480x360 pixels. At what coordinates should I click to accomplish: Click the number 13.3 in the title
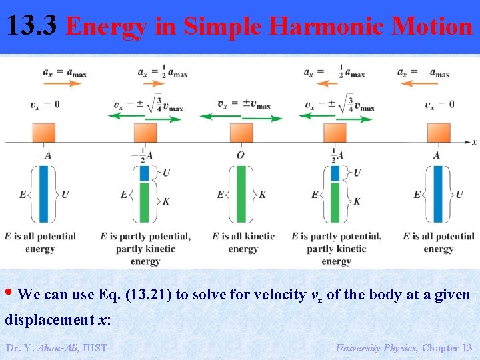(31, 27)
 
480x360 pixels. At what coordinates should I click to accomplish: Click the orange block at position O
(241, 133)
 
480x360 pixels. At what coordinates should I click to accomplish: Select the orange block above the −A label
(43, 133)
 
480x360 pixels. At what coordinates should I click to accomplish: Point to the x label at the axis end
(474, 142)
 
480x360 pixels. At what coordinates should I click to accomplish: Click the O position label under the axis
(241, 155)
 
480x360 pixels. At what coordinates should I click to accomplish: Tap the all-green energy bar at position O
(241, 194)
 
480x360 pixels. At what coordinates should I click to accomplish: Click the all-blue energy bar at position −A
(44, 194)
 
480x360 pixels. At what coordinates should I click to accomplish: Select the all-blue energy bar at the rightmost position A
(438, 194)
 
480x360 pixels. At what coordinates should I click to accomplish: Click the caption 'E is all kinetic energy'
(243, 242)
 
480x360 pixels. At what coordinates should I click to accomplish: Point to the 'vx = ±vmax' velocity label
(243, 104)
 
